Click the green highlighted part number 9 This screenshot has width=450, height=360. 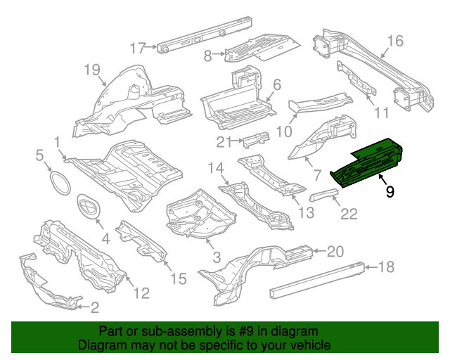(369, 162)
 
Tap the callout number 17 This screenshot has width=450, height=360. (138, 48)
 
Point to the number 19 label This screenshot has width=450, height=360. (93, 69)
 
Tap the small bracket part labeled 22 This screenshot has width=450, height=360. (326, 194)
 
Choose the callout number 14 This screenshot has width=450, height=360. (214, 167)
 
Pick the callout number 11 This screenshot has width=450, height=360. (380, 112)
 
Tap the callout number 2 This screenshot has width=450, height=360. (94, 307)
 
